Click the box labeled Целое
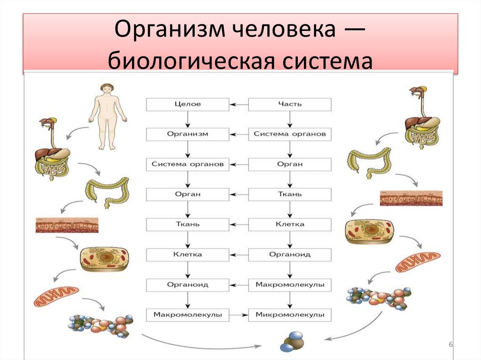187,104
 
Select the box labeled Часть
289,104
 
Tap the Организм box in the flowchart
187,134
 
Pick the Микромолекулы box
289,314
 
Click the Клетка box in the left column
187,254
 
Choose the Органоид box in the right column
289,254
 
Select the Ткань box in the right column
289,194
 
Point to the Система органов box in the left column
187,164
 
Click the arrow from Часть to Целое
239,104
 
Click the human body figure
108,115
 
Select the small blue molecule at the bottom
292,341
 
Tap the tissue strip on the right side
411,198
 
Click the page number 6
451,345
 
